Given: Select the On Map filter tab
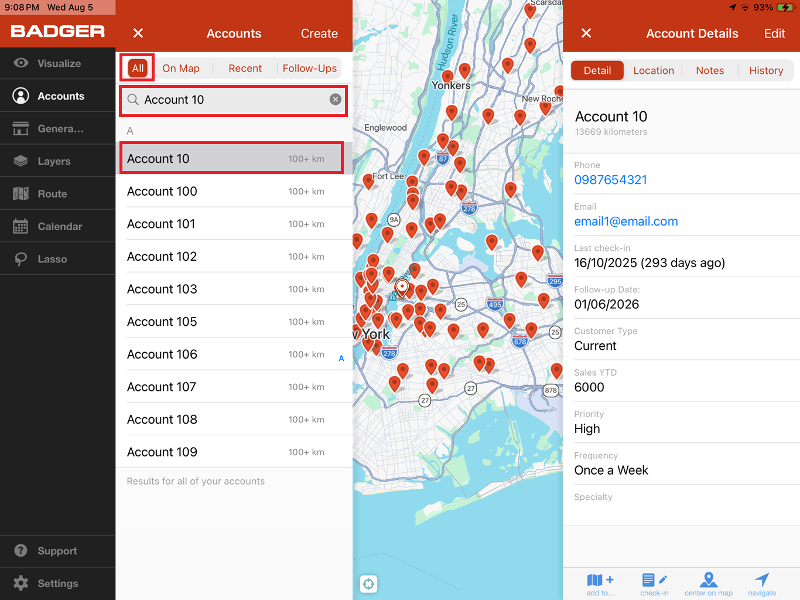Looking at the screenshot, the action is point(181,68).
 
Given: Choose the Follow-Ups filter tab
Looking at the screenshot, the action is point(309,68).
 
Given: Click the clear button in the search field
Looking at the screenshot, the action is point(336,99).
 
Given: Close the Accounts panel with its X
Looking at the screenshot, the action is point(138,33).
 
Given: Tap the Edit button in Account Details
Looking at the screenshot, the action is point(774,33).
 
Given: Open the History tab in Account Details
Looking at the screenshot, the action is point(766,70).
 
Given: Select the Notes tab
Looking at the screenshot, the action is point(710,70).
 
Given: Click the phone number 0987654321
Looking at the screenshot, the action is point(610,180).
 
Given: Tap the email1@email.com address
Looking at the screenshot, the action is point(626,221).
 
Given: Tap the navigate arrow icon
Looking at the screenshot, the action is point(762,579).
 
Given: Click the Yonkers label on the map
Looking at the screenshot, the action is point(451,86).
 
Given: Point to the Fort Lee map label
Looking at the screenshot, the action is point(388,176).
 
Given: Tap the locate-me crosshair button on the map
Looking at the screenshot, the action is point(368,584).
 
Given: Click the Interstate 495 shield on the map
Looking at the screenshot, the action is point(495,304).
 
